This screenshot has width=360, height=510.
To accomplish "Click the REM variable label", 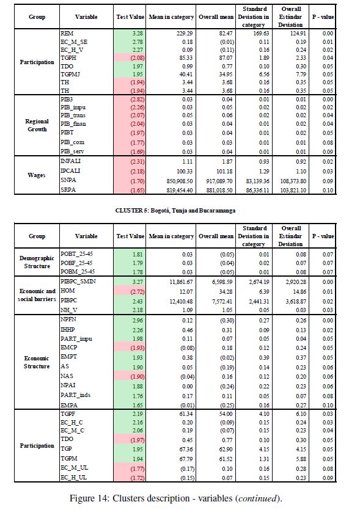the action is [67, 33].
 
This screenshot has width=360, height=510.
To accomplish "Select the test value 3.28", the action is [138, 33].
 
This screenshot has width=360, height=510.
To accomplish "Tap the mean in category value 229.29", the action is [185, 33].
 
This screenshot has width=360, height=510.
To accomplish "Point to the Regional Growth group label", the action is [37, 125].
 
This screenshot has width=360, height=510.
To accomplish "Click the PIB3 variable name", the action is [67, 99].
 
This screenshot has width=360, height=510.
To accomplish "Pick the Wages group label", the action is [37, 175].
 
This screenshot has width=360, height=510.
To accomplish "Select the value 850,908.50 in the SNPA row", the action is [180, 181].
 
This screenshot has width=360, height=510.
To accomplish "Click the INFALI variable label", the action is [70, 161].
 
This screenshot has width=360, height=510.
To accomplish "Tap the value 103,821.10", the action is [293, 191].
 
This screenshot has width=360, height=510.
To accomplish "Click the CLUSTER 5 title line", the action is [175, 211].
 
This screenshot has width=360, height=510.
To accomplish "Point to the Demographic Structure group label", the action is [37, 262].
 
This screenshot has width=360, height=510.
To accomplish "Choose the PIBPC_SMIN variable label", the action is [78, 281].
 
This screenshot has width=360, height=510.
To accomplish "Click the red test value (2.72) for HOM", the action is [138, 292].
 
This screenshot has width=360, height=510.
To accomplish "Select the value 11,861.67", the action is [181, 282].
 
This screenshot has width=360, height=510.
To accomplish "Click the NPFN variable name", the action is [68, 319].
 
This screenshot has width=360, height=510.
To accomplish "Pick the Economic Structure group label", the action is [37, 362].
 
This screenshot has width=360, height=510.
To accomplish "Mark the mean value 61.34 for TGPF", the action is [186, 413].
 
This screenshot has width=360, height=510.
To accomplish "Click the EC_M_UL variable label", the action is [74, 468].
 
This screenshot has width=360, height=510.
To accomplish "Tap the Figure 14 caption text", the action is [176, 498].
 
